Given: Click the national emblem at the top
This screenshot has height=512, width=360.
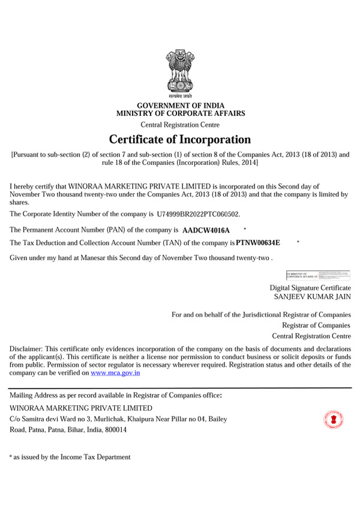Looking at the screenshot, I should [180, 74].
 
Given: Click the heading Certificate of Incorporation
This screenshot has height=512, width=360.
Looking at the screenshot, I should [180, 140].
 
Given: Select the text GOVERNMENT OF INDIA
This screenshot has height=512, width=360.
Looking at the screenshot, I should [181, 106].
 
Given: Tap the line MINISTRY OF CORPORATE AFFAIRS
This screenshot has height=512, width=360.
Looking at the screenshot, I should [181, 113].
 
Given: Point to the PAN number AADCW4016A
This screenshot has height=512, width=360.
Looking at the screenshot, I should [206, 230].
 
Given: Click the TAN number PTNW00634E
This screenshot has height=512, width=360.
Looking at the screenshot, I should [258, 243].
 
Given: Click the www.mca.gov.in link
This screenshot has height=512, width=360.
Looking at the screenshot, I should [115, 373].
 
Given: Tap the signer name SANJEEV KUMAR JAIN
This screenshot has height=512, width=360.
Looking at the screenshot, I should [312, 297].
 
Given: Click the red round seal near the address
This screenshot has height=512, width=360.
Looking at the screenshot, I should [332, 418].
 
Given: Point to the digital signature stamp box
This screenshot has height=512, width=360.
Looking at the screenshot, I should [318, 275].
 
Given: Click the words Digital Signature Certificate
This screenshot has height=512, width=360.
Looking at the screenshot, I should [310, 288].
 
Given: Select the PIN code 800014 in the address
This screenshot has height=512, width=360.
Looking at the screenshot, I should [116, 430].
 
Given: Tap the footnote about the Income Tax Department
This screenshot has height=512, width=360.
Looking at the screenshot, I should [70, 457].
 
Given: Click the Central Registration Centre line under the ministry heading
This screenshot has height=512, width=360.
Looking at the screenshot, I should [180, 125].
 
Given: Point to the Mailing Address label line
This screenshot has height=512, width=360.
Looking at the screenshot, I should [116, 396].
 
